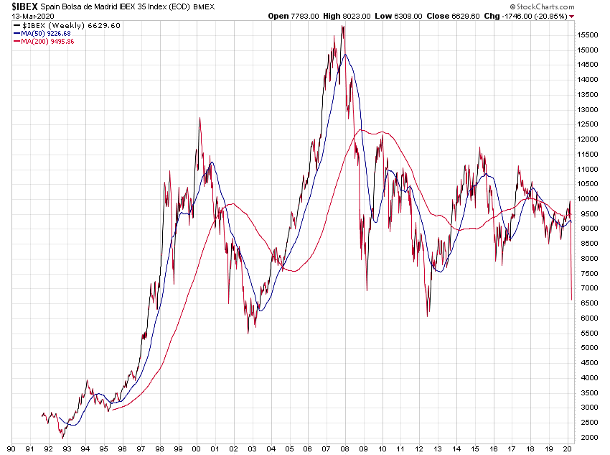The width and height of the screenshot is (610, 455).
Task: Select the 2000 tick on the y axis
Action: [x=588, y=437]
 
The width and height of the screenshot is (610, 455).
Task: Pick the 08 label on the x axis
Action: [x=345, y=448]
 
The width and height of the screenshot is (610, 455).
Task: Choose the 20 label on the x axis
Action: [x=568, y=448]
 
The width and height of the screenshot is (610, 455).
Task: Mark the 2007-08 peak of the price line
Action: [x=343, y=27]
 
